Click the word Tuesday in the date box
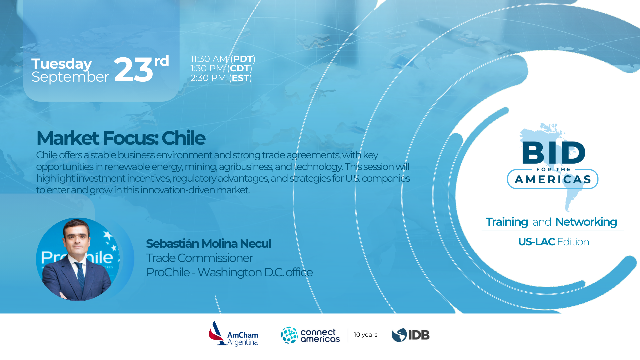61,64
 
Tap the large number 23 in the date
133,70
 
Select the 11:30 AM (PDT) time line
223,59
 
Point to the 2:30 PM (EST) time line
221,78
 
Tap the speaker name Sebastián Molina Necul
209,244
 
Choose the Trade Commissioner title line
199,258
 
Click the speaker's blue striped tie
80,275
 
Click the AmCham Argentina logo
233,334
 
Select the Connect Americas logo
310,335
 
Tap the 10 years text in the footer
366,335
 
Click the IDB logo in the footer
411,335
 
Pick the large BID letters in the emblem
554,152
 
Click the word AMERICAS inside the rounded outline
553,180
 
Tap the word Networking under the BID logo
586,222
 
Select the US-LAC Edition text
553,242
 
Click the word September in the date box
70,77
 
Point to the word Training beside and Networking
507,222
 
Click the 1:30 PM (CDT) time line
221,68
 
